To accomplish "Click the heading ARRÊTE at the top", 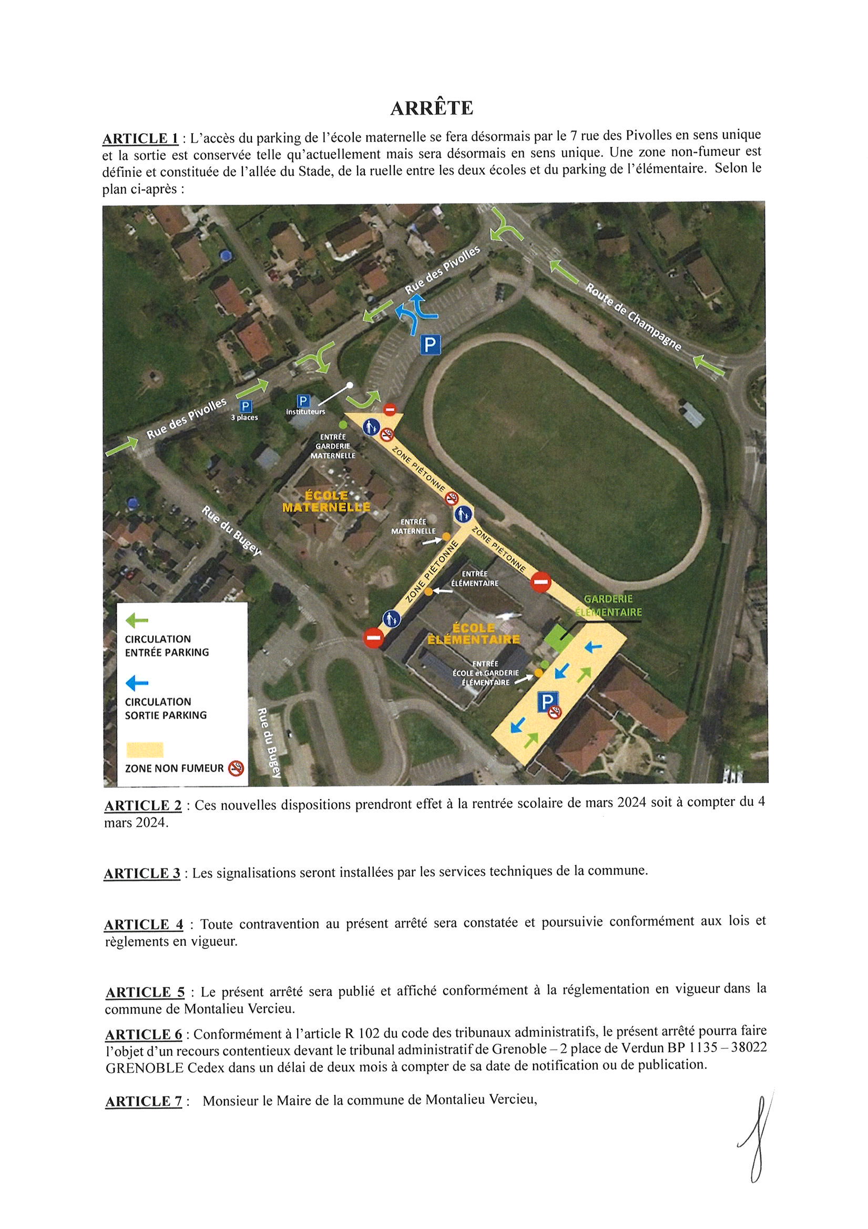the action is click(432, 108).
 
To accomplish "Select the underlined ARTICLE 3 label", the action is click(142, 874).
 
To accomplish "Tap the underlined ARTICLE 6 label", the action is click(144, 1035).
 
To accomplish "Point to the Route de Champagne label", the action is click(634, 317).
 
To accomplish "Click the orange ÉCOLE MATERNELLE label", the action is click(326, 501).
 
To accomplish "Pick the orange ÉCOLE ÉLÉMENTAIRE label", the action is click(473, 633).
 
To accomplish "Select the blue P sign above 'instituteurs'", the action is click(303, 401).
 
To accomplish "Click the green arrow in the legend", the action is click(136, 621).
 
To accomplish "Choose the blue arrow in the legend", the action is click(136, 683).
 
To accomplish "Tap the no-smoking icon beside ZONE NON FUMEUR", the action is click(236, 768).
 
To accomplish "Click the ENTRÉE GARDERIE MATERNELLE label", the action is click(333, 446).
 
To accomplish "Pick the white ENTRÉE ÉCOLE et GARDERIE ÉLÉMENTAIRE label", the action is click(485, 673).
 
